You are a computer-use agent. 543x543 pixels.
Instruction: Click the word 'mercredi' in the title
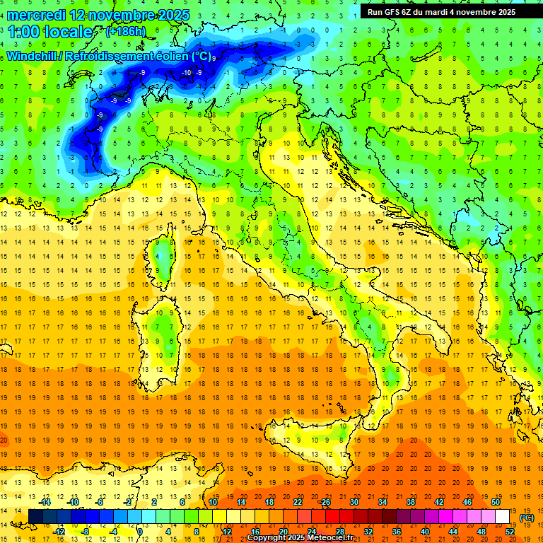pyautogui.click(x=36, y=14)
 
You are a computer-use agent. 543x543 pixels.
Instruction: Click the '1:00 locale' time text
pyautogui.click(x=50, y=32)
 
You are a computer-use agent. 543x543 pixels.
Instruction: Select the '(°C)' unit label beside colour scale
pyautogui.click(x=526, y=518)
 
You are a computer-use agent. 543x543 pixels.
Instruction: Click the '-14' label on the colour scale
pyautogui.click(x=45, y=502)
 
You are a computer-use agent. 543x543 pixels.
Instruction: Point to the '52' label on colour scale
pyautogui.click(x=510, y=531)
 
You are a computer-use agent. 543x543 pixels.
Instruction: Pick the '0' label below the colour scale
pyautogui.click(x=139, y=531)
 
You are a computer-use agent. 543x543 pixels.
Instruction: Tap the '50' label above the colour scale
pyautogui.click(x=495, y=502)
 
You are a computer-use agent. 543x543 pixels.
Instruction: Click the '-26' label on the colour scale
pyautogui.click(x=325, y=502)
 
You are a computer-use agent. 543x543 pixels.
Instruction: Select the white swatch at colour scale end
pyautogui.click(x=502, y=517)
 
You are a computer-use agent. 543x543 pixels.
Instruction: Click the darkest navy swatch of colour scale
pyautogui.click(x=35, y=517)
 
